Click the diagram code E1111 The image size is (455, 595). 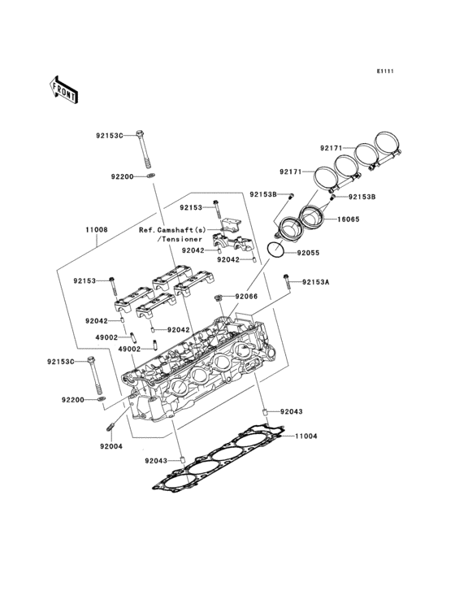click(x=384, y=72)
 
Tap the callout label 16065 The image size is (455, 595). click(x=349, y=219)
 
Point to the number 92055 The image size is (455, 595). click(x=310, y=253)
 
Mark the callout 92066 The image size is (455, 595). click(x=246, y=297)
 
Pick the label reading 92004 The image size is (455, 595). click(x=112, y=446)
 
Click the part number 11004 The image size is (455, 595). click(x=305, y=436)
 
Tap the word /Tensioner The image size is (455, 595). click(x=178, y=240)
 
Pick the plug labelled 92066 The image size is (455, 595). click(x=219, y=299)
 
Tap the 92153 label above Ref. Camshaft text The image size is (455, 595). click(x=190, y=207)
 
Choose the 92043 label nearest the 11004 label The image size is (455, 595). click(x=292, y=412)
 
